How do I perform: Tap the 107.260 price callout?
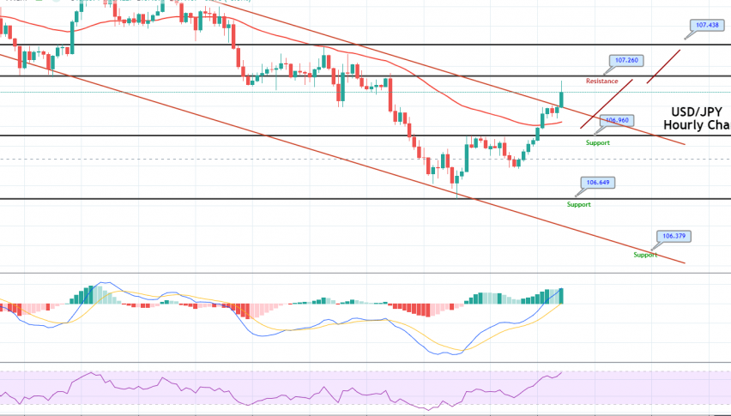pyautogui.click(x=625, y=61)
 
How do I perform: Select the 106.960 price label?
pyautogui.click(x=618, y=121)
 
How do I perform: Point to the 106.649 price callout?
pyautogui.click(x=597, y=183)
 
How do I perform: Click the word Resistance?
pyautogui.click(x=602, y=81)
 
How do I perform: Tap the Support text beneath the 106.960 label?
pyautogui.click(x=597, y=142)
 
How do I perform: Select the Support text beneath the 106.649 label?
pyautogui.click(x=579, y=204)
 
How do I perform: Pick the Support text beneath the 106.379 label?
pyautogui.click(x=646, y=255)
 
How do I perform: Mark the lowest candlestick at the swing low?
pyautogui.click(x=456, y=178)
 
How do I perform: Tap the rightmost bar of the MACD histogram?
pyautogui.click(x=562, y=296)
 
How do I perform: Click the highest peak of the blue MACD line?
pyautogui.click(x=106, y=281)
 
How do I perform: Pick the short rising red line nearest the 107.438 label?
pyautogui.click(x=665, y=66)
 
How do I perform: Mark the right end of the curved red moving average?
pyautogui.click(x=562, y=122)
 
